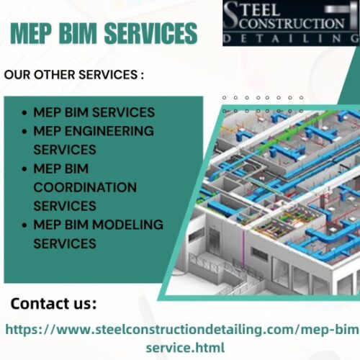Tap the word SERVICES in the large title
(x=151, y=33)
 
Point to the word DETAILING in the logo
(x=291, y=39)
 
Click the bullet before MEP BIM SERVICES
(x=24, y=112)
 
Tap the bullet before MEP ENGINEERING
(x=24, y=131)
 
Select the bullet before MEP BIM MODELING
(x=24, y=225)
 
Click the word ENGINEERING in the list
(x=109, y=131)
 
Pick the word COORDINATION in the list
(x=85, y=187)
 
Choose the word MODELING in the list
(x=127, y=225)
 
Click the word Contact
(x=38, y=304)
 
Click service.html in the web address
(x=185, y=347)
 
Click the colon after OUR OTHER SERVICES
(x=142, y=75)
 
